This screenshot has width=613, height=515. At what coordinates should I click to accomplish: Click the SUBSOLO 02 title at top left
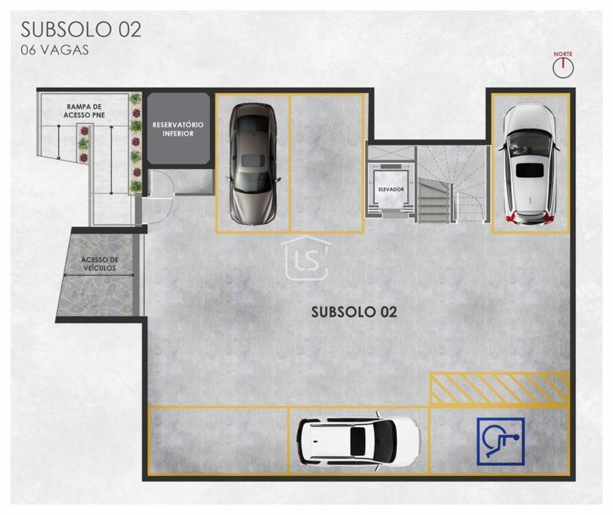coord(81,30)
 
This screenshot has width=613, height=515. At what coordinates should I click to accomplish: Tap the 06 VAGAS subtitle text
coord(54,50)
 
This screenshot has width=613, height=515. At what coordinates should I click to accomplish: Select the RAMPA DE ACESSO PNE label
coord(84,110)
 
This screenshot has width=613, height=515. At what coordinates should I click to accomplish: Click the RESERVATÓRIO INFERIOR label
coord(178,129)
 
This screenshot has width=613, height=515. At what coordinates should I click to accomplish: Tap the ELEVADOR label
coord(391,189)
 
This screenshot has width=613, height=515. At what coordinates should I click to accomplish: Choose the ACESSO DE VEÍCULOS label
coord(99,264)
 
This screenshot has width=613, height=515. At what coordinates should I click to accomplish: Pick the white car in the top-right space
coord(529,165)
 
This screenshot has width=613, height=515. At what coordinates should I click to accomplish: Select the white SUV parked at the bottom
coord(359,441)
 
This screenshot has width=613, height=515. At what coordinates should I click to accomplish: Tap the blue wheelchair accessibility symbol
coord(501,441)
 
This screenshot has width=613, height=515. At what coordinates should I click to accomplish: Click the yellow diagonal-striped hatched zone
coord(499,388)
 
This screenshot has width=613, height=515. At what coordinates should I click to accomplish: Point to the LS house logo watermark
coord(306,258)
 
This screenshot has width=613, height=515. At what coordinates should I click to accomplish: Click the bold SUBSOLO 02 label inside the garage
coord(353,312)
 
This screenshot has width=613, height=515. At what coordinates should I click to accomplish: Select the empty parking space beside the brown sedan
coord(327,163)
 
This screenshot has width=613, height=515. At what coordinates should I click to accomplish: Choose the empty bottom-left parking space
coord(218,441)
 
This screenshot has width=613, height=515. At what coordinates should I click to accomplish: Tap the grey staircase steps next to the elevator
coord(433,201)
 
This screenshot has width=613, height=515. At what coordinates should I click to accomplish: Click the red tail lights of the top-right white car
coord(531,218)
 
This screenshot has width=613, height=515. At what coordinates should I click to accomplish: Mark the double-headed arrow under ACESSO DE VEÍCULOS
coord(99,275)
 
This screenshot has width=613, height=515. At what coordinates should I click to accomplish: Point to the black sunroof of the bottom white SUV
coord(358,441)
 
